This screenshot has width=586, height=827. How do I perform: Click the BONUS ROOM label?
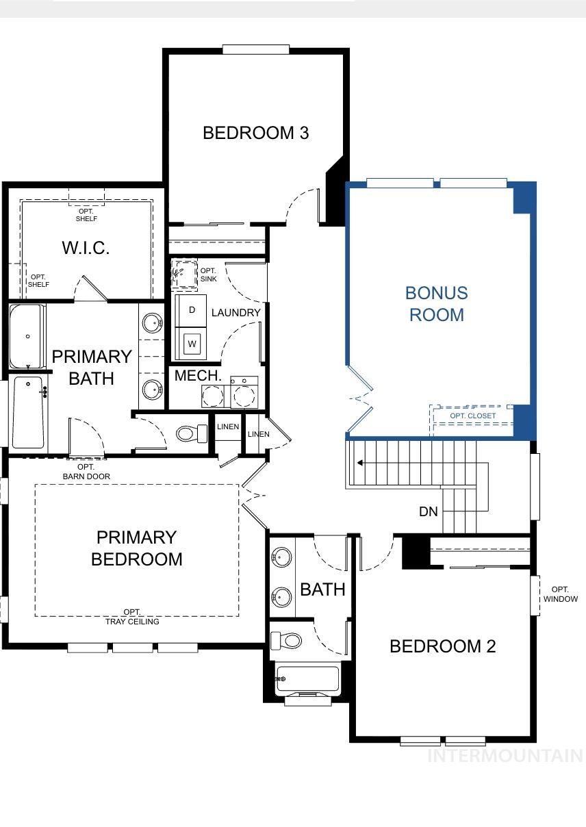(x=436, y=303)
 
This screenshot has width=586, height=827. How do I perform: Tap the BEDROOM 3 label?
(x=255, y=133)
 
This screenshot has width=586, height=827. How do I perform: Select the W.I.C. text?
(x=86, y=248)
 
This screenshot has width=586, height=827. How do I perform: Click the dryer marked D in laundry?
(x=192, y=310)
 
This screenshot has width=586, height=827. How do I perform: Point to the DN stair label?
(x=429, y=511)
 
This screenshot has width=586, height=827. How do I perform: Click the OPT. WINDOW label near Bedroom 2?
(x=560, y=594)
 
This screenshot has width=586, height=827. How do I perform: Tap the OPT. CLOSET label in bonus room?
(x=472, y=416)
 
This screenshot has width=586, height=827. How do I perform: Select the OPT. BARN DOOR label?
(x=86, y=472)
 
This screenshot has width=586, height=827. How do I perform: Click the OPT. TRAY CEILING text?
(x=132, y=617)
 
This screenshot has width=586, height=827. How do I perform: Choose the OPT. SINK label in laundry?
(x=209, y=275)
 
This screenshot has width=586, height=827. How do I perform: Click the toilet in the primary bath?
(x=191, y=433)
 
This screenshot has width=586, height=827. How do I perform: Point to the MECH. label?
(x=198, y=376)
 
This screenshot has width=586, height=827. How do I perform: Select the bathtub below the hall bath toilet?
(x=307, y=679)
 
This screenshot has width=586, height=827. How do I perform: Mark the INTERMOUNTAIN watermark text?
(x=505, y=756)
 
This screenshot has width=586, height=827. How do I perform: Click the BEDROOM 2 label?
(x=442, y=646)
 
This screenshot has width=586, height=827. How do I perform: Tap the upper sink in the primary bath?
(x=152, y=322)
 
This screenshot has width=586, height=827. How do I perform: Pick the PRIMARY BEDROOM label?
(x=136, y=548)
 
